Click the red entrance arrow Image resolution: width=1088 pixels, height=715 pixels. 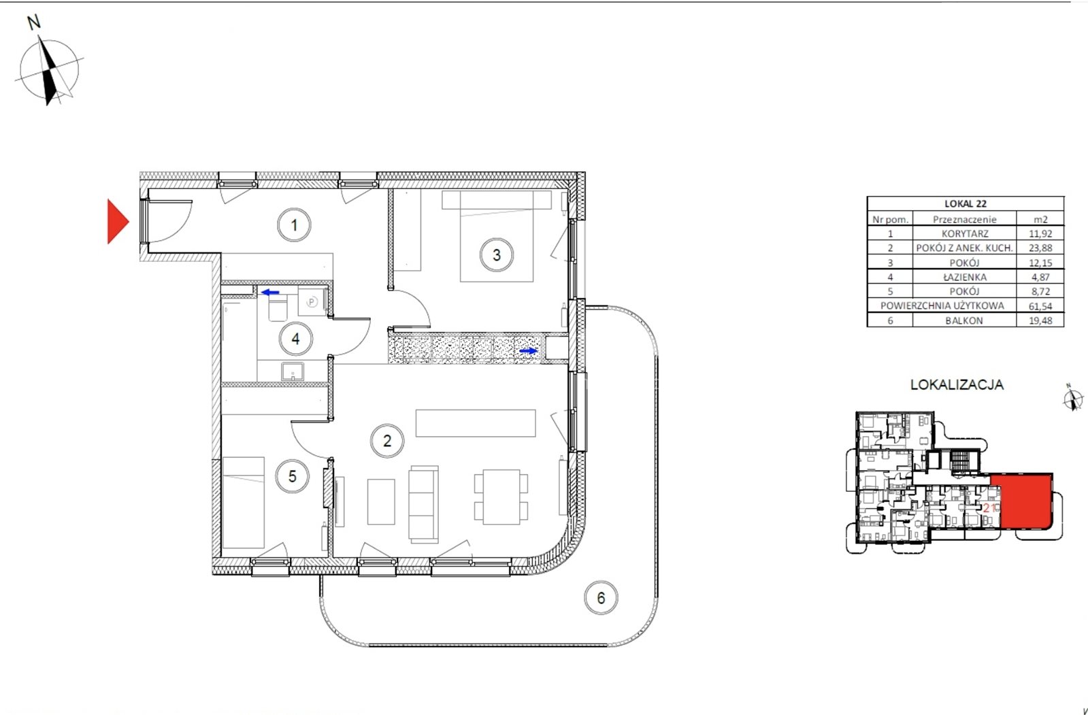118,221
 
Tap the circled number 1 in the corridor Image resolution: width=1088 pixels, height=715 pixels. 294,225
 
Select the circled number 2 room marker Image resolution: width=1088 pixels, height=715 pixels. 387,441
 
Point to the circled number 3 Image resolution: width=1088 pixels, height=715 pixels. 497,254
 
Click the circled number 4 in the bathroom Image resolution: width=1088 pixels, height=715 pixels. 296,339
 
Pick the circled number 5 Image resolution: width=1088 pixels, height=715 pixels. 293,476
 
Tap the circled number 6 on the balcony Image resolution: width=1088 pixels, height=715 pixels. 601,597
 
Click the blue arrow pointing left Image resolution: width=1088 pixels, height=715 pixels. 271,293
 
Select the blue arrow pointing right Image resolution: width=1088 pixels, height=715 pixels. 529,351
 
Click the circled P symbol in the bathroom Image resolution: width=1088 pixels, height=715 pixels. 312,302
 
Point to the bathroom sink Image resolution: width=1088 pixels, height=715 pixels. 293,372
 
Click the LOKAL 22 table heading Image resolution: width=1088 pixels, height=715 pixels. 965,204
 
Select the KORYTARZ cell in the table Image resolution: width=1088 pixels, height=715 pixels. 965,233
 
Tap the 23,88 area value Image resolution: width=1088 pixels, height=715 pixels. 1040,248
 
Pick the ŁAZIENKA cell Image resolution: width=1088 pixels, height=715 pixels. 965,277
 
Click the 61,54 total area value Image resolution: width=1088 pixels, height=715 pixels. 1040,306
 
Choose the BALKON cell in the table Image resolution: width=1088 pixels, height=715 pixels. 964,320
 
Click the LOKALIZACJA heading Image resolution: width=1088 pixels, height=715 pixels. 957,384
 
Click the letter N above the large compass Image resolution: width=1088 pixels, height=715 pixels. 33,23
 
